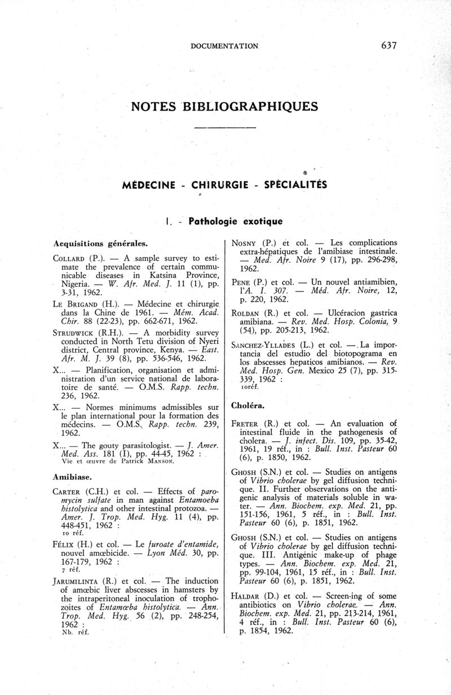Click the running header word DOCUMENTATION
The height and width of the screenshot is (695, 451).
[224, 46]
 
